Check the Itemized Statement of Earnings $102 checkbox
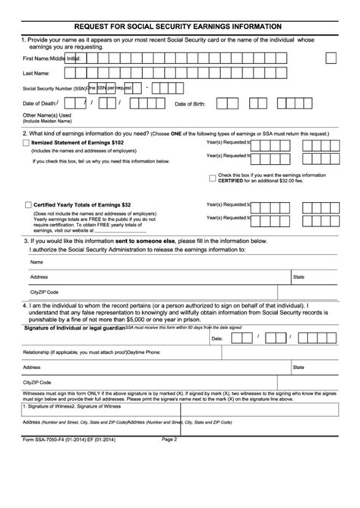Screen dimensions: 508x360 [x=27, y=142]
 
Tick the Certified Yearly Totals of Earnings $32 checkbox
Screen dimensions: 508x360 [x=28, y=204]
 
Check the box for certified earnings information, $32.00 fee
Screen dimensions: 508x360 [x=212, y=178]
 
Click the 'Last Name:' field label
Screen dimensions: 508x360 [x=36, y=74]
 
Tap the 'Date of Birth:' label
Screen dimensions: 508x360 [x=191, y=103]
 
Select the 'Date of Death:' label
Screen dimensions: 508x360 [x=39, y=103]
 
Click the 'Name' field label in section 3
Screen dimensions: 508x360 [x=36, y=262]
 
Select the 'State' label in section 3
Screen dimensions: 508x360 [x=298, y=277]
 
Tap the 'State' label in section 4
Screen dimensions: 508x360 [x=298, y=367]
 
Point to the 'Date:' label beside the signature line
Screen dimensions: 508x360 [x=216, y=339]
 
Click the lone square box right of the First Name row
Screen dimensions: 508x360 [x=330, y=58]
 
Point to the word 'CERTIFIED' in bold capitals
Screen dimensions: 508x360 [x=231, y=181]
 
